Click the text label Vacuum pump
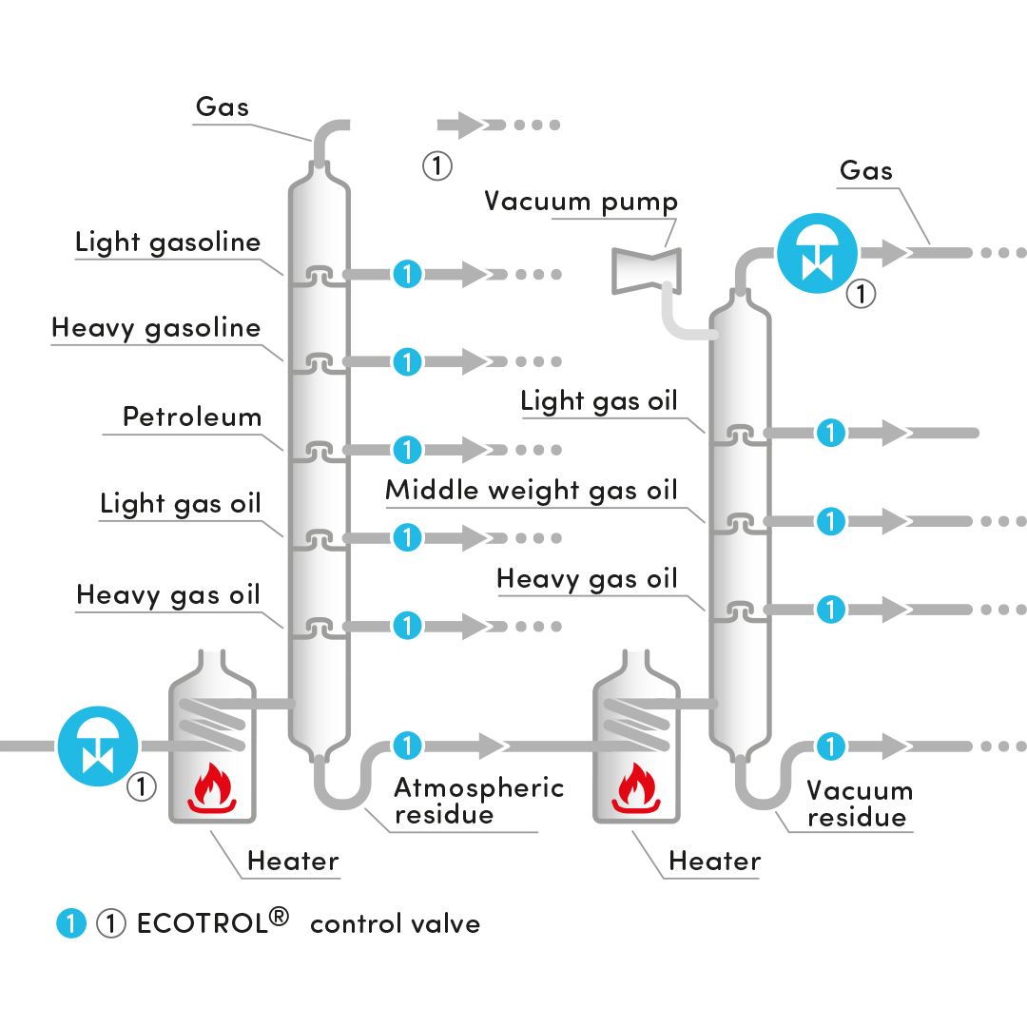click(581, 202)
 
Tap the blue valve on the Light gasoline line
click(407, 275)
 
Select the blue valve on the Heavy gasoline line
click(407, 361)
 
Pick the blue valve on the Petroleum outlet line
click(407, 449)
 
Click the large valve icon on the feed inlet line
click(97, 745)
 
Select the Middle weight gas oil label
click(531, 491)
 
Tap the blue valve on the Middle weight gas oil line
click(831, 521)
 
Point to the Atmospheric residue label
click(478, 801)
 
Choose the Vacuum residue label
click(859, 804)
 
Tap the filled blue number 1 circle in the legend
click(71, 923)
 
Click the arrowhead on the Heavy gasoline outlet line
click(476, 361)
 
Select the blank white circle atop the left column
click(393, 125)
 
